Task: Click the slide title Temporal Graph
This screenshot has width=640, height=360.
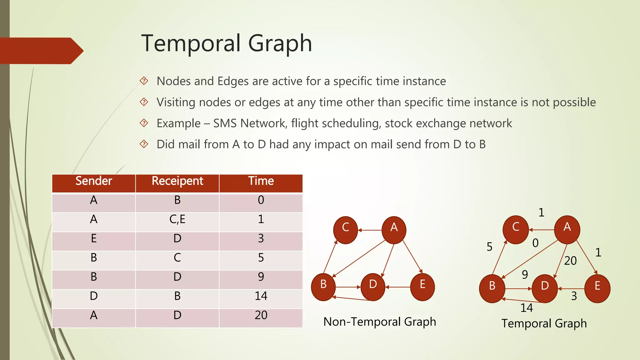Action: (227, 43)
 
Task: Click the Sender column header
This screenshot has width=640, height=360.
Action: (94, 181)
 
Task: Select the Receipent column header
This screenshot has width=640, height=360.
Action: (177, 181)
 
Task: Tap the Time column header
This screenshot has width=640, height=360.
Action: (261, 181)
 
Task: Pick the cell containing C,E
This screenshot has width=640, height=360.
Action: (177, 219)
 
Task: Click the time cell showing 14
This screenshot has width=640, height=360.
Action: (261, 296)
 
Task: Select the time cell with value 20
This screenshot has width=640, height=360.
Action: (261, 315)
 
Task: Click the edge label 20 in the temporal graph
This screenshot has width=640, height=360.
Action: (570, 261)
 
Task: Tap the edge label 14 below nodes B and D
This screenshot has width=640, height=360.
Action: (527, 308)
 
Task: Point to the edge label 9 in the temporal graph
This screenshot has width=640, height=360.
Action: (525, 274)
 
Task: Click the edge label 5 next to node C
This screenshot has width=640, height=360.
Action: (489, 247)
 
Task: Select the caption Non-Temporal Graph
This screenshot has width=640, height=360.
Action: (379, 322)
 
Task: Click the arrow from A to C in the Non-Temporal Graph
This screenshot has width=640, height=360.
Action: (370, 230)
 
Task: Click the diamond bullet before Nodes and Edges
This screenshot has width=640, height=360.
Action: (144, 81)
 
